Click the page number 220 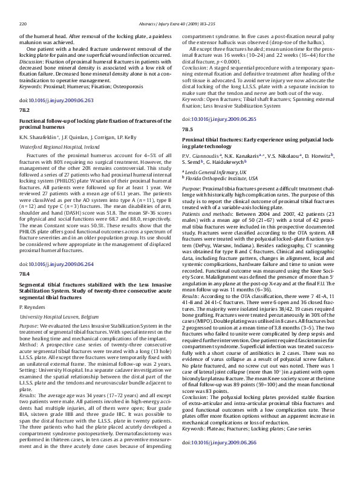coord(24,8)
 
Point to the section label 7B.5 coord(188,129)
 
